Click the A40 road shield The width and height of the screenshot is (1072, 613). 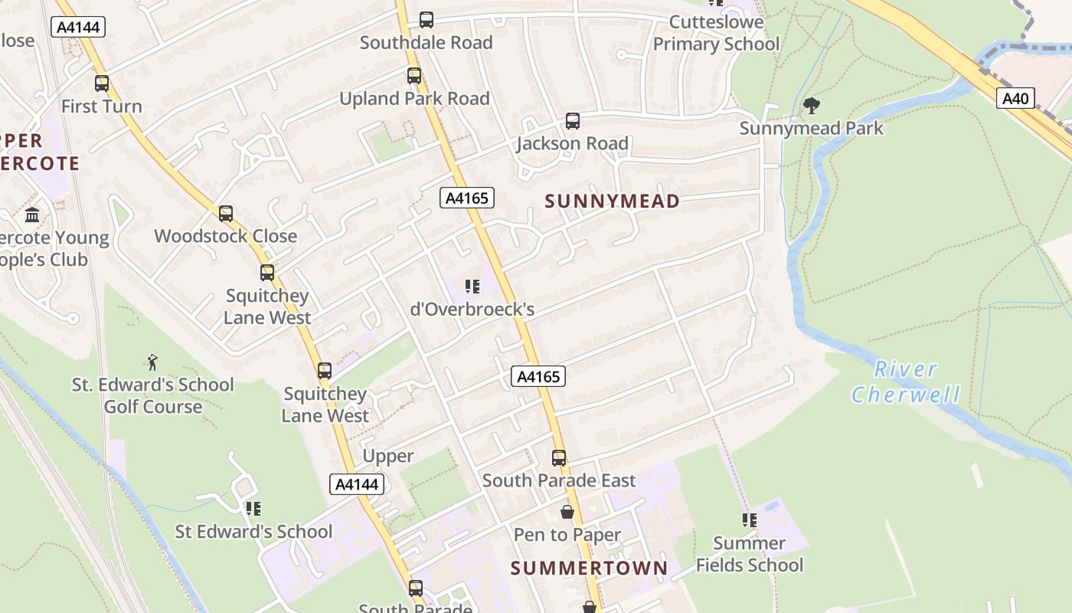coord(1015,98)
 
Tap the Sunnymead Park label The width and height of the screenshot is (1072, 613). coord(811,128)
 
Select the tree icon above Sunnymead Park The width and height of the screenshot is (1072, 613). coord(812,106)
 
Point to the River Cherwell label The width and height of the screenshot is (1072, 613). coord(906,382)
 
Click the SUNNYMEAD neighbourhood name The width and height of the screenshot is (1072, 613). coord(612,202)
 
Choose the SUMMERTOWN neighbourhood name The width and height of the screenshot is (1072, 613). coord(589,569)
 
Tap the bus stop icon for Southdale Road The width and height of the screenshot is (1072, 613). coord(427,20)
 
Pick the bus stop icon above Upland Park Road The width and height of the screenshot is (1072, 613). coord(414,76)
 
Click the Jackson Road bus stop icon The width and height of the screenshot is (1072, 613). coord(573,121)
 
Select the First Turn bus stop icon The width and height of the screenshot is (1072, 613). coord(102,84)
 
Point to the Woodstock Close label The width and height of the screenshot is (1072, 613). coord(226,236)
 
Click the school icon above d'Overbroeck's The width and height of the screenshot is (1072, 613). coord(472,287)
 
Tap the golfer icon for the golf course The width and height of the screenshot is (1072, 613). coord(152,362)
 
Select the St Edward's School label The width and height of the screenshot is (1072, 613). coord(253,532)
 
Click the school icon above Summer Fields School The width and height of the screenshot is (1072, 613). coord(749,520)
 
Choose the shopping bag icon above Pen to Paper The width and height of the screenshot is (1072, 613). coord(567,512)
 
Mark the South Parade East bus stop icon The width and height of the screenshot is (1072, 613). coord(559,458)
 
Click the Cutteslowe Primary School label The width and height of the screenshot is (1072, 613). coord(716,33)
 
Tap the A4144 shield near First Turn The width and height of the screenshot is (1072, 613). coord(77,28)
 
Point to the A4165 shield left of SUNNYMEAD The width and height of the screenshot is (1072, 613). coord(467,198)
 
